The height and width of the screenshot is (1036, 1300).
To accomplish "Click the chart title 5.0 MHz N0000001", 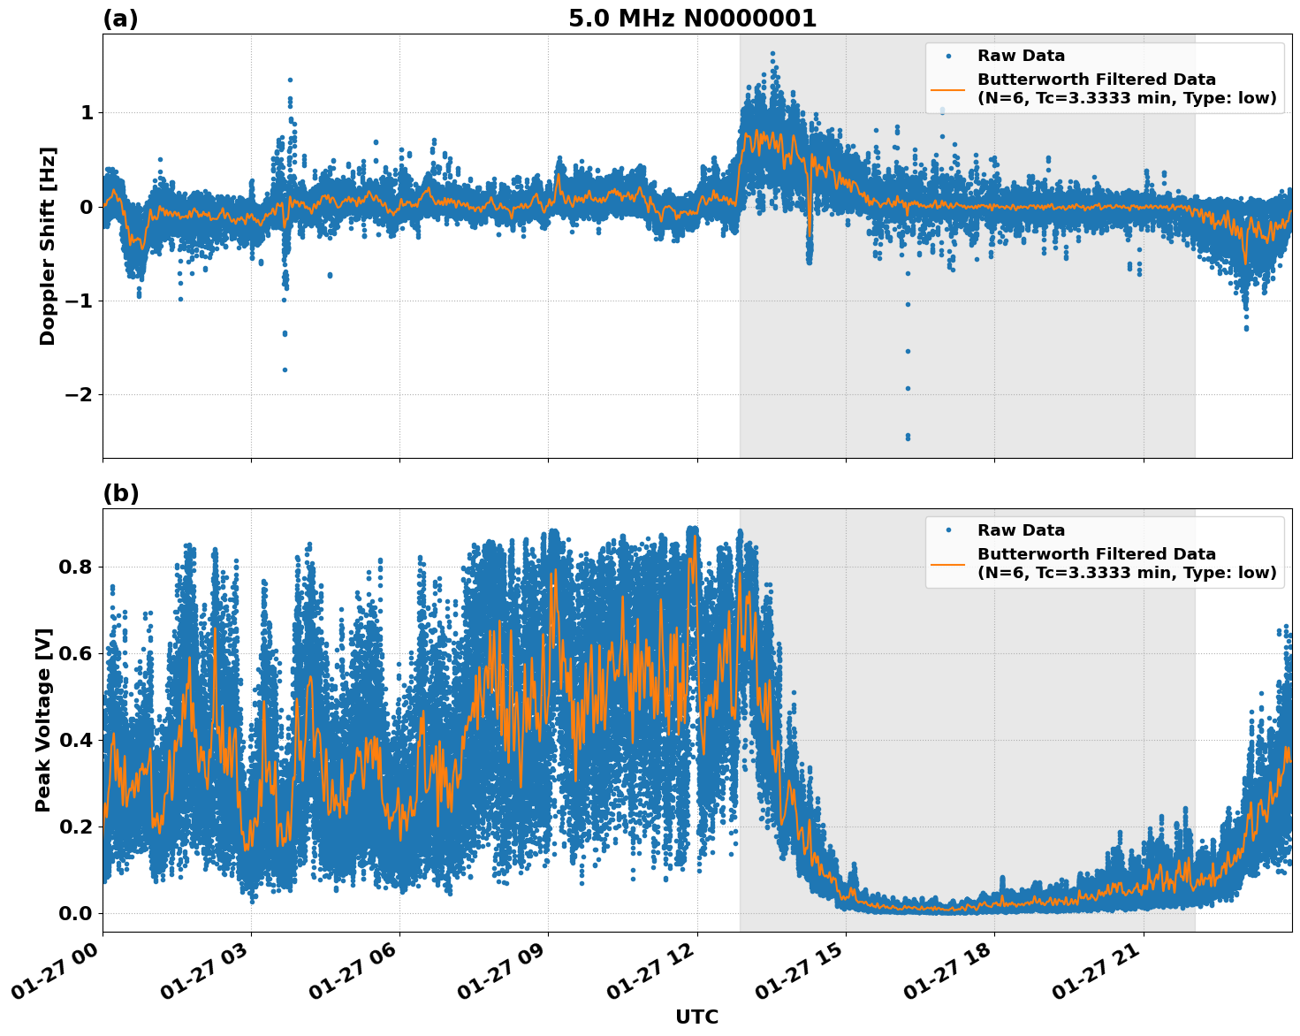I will pyautogui.click(x=692, y=19).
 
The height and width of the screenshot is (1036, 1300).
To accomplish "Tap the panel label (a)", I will pyautogui.click(x=120, y=19).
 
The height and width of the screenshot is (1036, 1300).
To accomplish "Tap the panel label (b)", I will pyautogui.click(x=121, y=493).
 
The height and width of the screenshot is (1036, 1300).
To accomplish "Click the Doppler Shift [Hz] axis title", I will pyautogui.click(x=48, y=246).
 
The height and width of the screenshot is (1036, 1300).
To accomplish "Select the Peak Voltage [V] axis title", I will pyautogui.click(x=43, y=720).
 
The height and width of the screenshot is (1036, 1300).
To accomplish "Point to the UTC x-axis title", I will pyautogui.click(x=696, y=1017).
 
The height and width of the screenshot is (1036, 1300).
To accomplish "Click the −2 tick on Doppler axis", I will pyautogui.click(x=78, y=394).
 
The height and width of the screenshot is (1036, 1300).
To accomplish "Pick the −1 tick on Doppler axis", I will pyautogui.click(x=78, y=301).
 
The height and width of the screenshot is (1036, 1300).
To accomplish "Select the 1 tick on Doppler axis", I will pyautogui.click(x=87, y=112).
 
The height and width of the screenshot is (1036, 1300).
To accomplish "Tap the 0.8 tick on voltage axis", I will pyautogui.click(x=75, y=567).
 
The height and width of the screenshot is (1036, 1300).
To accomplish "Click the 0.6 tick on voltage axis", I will pyautogui.click(x=75, y=653).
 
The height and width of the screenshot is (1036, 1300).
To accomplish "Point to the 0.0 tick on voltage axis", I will pyautogui.click(x=75, y=913).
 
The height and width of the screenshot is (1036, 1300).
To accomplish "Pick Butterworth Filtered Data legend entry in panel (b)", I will pyautogui.click(x=1126, y=563).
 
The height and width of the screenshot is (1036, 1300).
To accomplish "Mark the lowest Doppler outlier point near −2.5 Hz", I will pyautogui.click(x=908, y=437).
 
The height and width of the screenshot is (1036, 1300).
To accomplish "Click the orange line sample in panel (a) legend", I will pyautogui.click(x=947, y=88).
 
